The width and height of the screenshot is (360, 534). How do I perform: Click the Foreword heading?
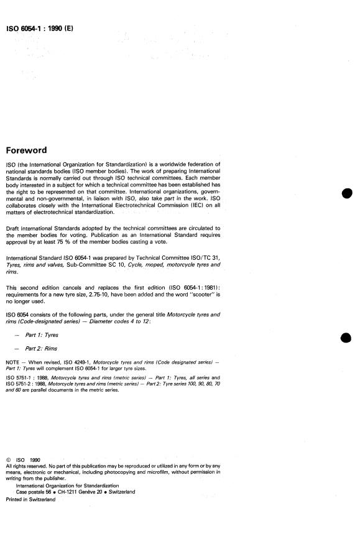[x=30, y=150]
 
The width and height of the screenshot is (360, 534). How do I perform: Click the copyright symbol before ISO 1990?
[x=8, y=460]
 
